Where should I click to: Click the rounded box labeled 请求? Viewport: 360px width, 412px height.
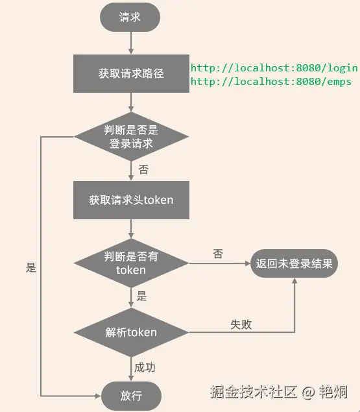(x=130, y=18)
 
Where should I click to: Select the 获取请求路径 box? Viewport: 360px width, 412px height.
(x=131, y=73)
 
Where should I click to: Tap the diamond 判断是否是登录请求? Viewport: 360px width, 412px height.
(x=131, y=137)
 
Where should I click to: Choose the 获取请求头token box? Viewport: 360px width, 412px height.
(x=131, y=200)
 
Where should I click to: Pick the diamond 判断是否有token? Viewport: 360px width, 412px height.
(x=131, y=263)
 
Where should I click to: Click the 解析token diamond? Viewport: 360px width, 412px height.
(x=131, y=332)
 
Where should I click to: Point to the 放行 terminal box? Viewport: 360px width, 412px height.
(x=131, y=395)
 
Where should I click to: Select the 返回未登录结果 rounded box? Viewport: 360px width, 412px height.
(x=294, y=263)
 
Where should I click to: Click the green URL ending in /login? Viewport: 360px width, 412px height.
(x=274, y=67)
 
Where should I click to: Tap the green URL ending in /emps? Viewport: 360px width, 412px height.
(x=270, y=81)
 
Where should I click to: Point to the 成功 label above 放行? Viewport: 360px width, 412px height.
(x=145, y=367)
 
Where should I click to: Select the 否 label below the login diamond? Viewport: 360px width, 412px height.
(x=143, y=169)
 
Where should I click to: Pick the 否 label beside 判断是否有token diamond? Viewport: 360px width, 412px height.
(x=218, y=254)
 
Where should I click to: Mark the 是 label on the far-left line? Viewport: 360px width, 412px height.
(x=31, y=267)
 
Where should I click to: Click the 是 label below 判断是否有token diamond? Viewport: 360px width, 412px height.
(x=142, y=297)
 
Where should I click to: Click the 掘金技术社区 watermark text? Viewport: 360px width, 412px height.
(x=253, y=392)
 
